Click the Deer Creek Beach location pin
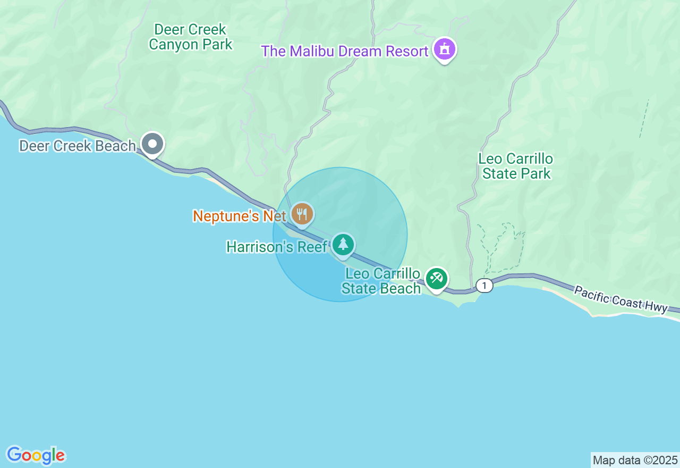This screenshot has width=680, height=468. pyautogui.click(x=152, y=144)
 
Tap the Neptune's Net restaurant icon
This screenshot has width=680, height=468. pyautogui.click(x=302, y=214)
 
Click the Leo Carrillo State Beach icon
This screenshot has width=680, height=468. pyautogui.click(x=437, y=278)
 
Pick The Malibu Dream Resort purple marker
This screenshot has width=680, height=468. pyautogui.click(x=445, y=49)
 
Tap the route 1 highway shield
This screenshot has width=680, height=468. pyautogui.click(x=484, y=286)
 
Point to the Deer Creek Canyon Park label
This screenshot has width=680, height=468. pyautogui.click(x=190, y=37)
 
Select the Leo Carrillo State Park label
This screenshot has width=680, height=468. pyautogui.click(x=516, y=166)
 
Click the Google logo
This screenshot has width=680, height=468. pyautogui.click(x=36, y=455)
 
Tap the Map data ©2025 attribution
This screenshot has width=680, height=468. pyautogui.click(x=635, y=460)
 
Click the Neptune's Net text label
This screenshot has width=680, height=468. pyautogui.click(x=239, y=216)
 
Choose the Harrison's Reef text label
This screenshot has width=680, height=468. pyautogui.click(x=277, y=247)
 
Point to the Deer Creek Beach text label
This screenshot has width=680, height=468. pyautogui.click(x=77, y=146)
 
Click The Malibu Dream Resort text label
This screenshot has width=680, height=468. pyautogui.click(x=344, y=52)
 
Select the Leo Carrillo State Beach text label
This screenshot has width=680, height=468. pyautogui.click(x=381, y=281)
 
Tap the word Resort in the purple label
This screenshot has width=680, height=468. pyautogui.click(x=403, y=52)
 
